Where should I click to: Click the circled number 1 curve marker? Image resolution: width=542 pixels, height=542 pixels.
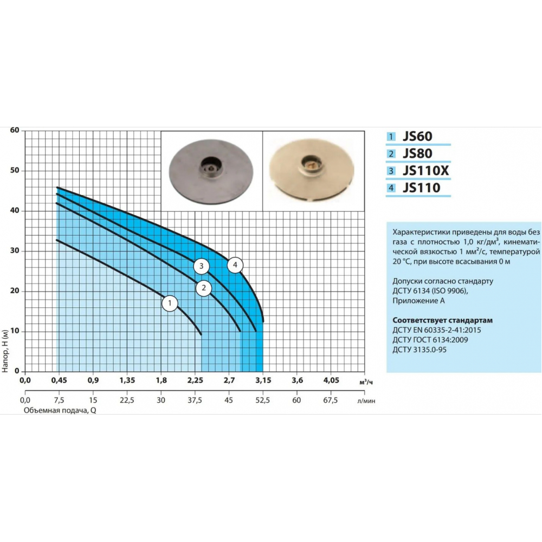click(x=170, y=304)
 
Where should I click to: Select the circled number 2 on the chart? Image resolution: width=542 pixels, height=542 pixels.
click(x=204, y=288)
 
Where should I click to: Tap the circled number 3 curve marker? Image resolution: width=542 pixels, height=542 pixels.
click(x=201, y=266)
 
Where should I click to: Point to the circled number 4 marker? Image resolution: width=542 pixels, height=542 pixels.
click(x=235, y=265)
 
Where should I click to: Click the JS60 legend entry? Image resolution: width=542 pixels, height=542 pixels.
click(x=417, y=136)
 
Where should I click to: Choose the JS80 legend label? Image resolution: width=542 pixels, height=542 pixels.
click(x=417, y=153)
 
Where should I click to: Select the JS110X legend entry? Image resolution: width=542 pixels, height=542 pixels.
click(x=425, y=171)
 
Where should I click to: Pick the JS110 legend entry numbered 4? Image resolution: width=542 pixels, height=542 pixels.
click(x=421, y=188)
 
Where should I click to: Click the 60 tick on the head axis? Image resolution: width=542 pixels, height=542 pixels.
click(x=15, y=130)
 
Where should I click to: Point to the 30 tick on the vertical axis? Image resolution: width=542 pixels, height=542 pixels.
click(x=15, y=250)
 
